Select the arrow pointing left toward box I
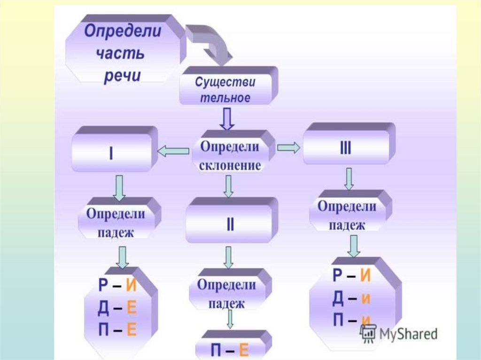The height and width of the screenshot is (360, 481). click(172, 150)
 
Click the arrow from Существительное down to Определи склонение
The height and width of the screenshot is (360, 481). click(227, 119)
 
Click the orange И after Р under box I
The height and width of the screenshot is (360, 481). click(131, 285)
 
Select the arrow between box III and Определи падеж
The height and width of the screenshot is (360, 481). click(348, 178)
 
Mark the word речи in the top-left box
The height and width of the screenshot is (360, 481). click(122, 75)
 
